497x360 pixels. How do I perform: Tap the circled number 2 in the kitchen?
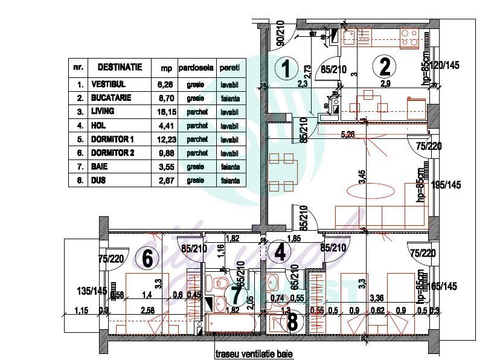384,65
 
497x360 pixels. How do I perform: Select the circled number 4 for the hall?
279,252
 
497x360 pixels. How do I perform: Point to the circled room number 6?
147,259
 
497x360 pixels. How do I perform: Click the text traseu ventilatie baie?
249,355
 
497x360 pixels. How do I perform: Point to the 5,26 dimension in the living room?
347,135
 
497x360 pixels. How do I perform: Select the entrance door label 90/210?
280,36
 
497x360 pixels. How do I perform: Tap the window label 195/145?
446,184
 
